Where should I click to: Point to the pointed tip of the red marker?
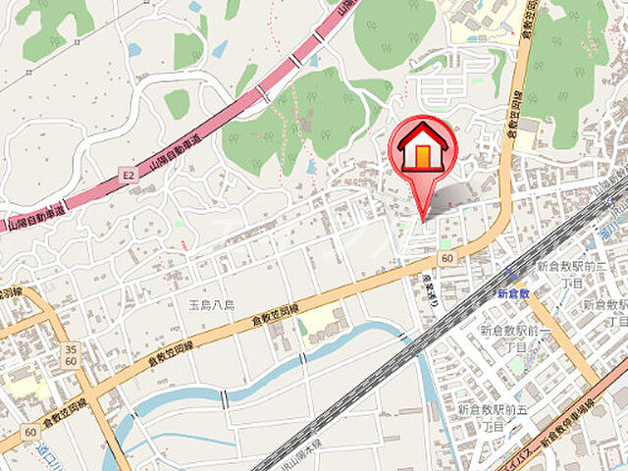click(424, 218)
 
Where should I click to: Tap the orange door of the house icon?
click(422, 155)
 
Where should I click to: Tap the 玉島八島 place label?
click(210, 305)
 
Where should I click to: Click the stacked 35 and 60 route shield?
click(71, 354)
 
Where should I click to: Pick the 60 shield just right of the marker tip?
click(447, 257)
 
